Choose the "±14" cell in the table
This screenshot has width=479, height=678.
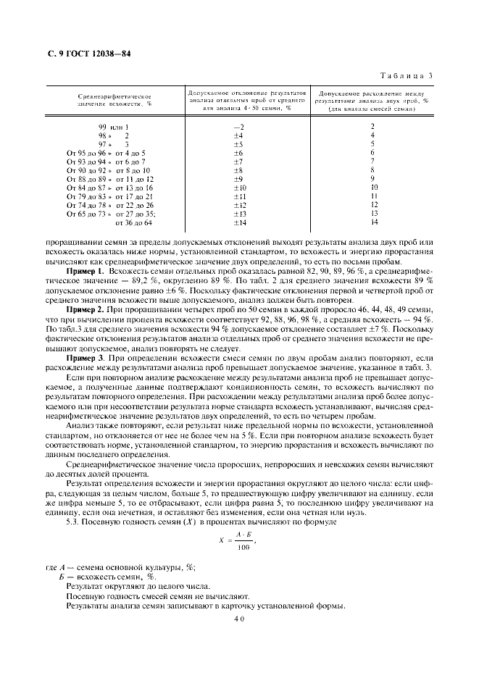[x=239, y=222]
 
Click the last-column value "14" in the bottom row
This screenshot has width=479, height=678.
[x=372, y=222]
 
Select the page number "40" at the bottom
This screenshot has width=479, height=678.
[x=239, y=619]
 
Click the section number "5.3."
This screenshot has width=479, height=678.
[x=75, y=522]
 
